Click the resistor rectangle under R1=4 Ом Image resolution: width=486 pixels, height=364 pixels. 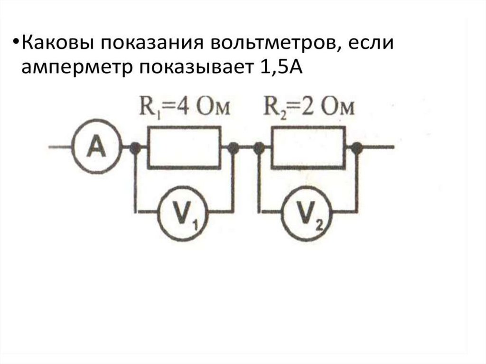tap(184, 147)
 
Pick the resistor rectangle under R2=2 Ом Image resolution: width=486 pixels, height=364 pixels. tap(308, 147)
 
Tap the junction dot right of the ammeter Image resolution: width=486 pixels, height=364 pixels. tap(135, 148)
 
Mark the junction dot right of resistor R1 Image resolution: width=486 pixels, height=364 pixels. tap(233, 148)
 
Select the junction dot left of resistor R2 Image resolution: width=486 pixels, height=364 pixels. tap(259, 148)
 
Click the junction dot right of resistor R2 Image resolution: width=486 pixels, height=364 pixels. tap(357, 148)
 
